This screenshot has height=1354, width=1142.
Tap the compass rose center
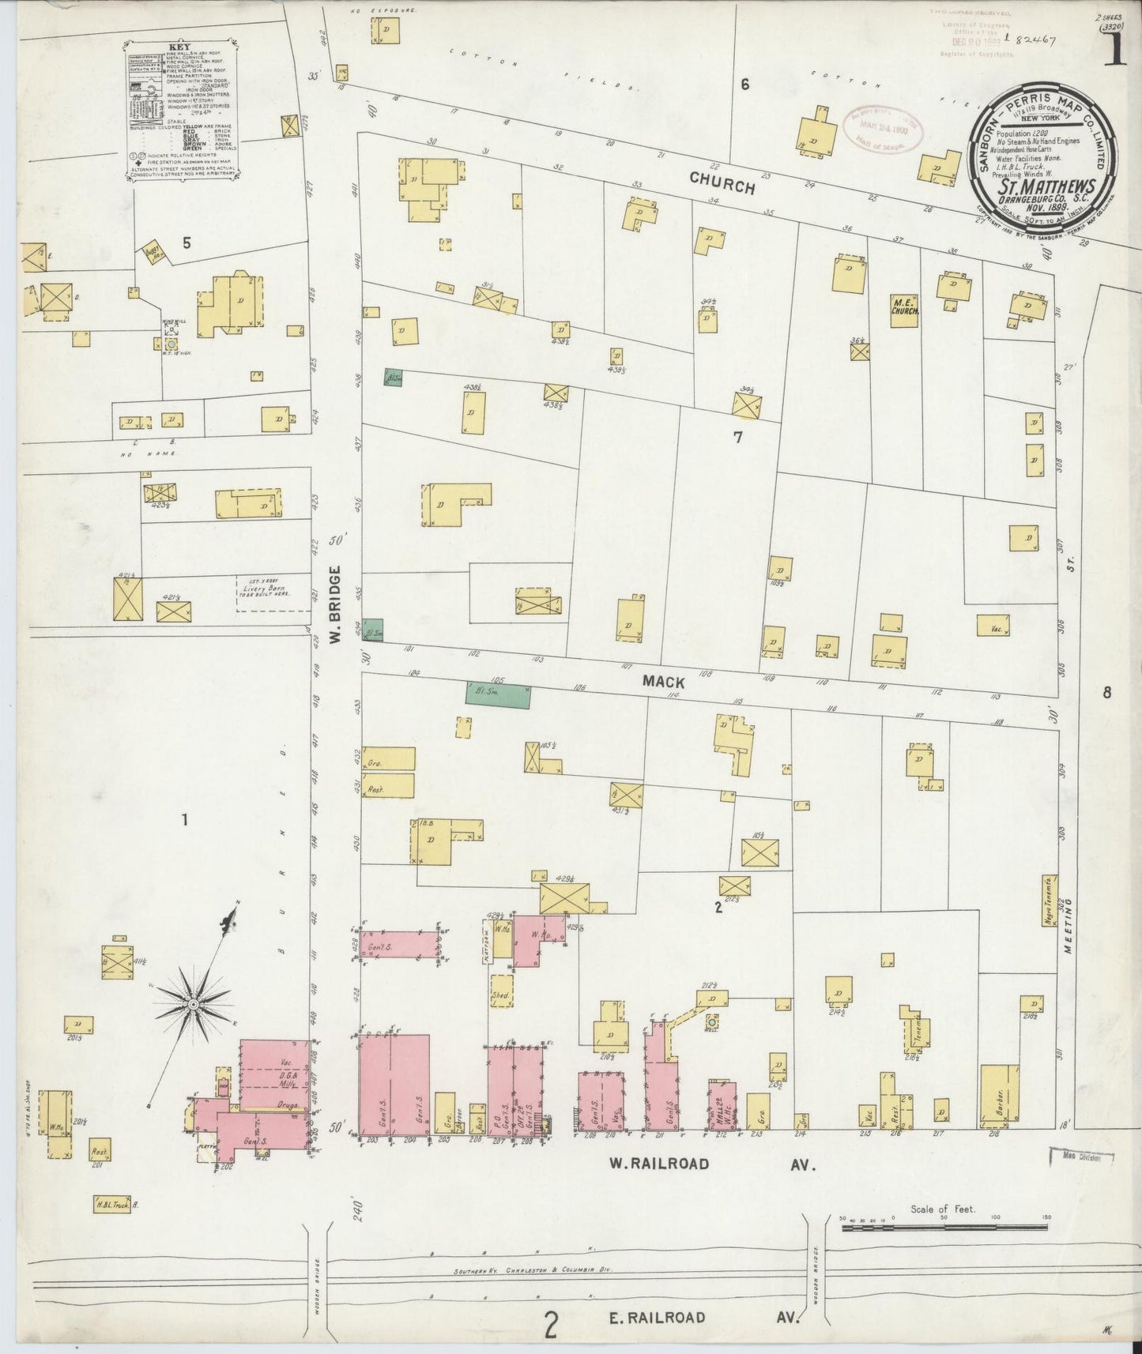point(192,1004)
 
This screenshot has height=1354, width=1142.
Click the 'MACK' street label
point(663,681)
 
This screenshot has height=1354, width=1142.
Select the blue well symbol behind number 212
point(711,1021)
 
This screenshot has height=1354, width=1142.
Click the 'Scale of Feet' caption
point(943,1209)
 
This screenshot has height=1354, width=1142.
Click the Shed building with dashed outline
point(500,997)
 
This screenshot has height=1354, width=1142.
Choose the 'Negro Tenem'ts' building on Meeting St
point(1050,901)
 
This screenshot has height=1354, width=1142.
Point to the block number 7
point(737,437)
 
